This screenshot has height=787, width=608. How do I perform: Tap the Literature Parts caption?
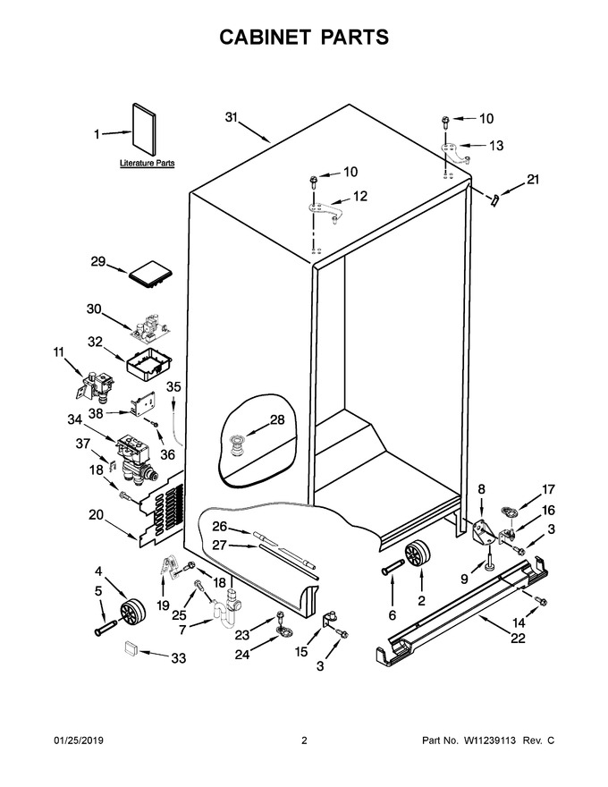[x=147, y=163]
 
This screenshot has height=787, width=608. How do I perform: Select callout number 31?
[x=232, y=117]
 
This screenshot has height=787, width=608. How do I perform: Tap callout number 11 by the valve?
[x=59, y=352]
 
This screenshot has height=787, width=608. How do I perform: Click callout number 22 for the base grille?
[x=518, y=638]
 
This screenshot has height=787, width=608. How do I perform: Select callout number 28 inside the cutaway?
[x=277, y=419]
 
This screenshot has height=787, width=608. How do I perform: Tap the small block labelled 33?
[x=131, y=648]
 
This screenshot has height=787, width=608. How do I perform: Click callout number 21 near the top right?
[x=532, y=179]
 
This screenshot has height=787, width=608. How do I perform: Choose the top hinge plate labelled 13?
[x=455, y=153]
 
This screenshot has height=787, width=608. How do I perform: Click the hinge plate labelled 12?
[x=325, y=211]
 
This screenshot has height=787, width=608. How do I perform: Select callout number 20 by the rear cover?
[x=96, y=514]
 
